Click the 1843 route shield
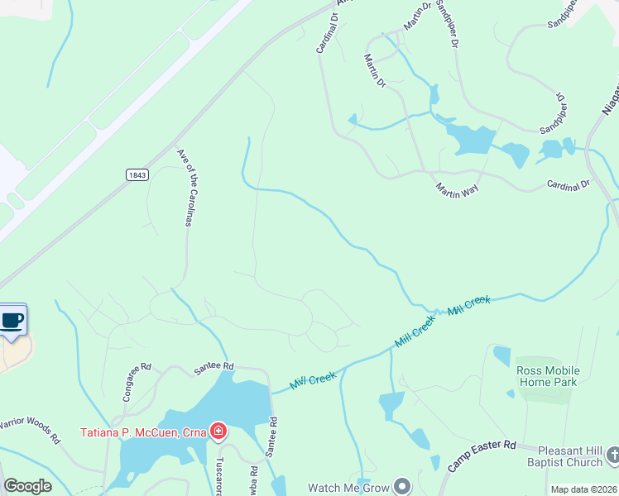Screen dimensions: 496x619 coord(137,174)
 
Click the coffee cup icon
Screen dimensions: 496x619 coord(12,321)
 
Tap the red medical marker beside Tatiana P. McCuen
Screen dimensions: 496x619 coord(218,431)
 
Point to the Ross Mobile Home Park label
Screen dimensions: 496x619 coord(548,376)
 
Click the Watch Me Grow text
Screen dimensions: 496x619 coord(348,488)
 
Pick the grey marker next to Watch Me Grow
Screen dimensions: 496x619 coord(403,487)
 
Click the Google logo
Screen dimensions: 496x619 coord(27,486)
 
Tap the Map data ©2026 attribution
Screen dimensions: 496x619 coord(583,489)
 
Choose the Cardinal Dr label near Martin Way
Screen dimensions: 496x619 coord(567,184)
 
